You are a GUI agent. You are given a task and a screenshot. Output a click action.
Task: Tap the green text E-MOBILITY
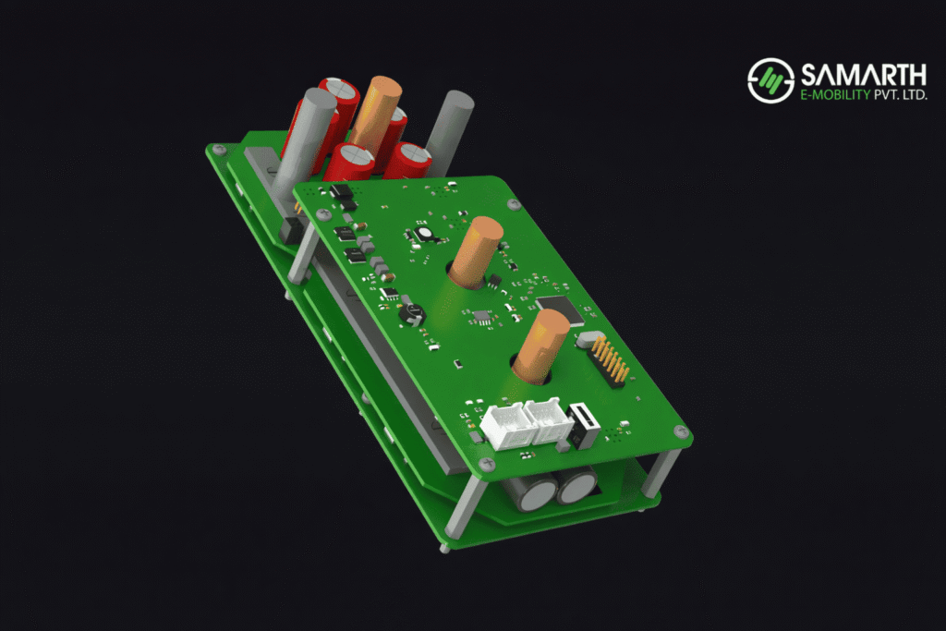[x=828, y=94]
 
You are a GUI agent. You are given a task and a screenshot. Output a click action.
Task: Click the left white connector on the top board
[x=505, y=428]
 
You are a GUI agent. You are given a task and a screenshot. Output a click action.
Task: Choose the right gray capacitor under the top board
[x=577, y=484]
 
